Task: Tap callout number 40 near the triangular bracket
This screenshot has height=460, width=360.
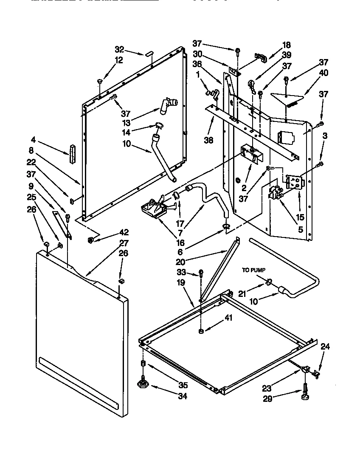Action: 324,73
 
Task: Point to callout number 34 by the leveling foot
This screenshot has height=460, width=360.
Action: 183,397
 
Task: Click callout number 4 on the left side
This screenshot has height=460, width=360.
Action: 33,139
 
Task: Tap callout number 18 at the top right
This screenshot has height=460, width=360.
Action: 287,45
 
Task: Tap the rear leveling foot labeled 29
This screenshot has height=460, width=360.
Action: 305,395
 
